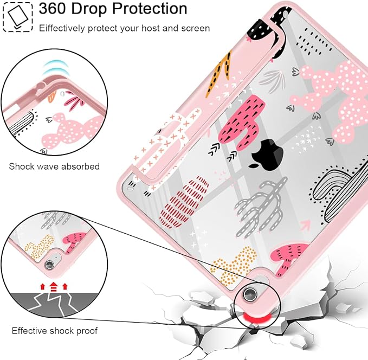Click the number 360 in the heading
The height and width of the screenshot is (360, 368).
[53, 9]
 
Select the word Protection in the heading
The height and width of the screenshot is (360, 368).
[150, 9]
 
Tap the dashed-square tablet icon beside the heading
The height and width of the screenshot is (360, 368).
[17, 17]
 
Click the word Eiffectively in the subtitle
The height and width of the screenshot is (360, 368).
[62, 28]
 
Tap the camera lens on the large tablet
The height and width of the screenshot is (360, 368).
[249, 294]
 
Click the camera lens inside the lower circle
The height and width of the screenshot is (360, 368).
[49, 265]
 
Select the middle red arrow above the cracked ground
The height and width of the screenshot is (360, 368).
[54, 286]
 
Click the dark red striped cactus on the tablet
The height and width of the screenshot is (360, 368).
[184, 202]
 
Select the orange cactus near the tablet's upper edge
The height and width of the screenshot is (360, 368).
[218, 74]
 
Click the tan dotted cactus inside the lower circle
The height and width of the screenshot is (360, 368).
[39, 246]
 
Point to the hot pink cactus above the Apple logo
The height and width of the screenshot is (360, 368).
[242, 122]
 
